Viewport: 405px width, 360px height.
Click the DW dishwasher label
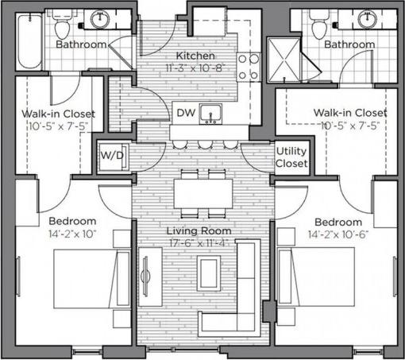click(x=184, y=113)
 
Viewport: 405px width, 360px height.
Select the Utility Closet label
click(x=291, y=157)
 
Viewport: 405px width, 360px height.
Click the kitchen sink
click(x=210, y=114)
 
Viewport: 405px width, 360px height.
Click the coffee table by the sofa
click(x=208, y=273)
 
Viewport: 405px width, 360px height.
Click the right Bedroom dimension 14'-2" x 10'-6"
click(x=338, y=235)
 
